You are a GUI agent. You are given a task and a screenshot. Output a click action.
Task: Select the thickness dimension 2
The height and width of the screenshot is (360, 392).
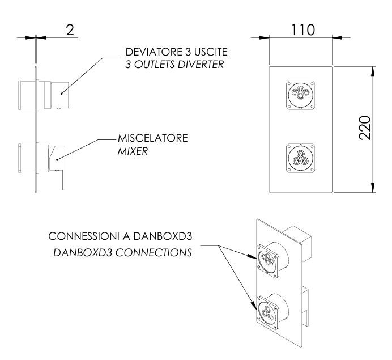tap(70, 30)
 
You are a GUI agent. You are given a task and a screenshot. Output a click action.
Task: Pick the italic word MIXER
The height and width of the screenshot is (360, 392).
tap(131, 151)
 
